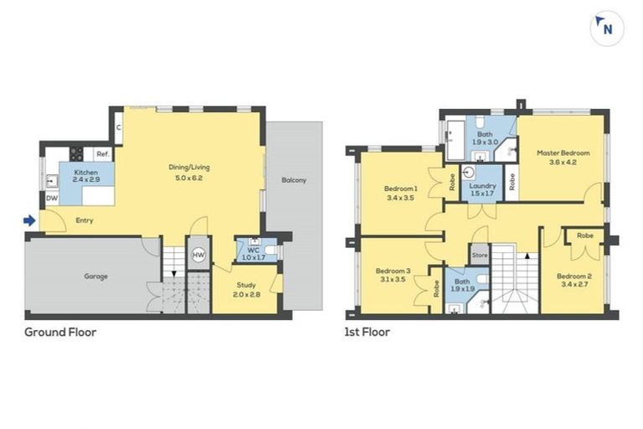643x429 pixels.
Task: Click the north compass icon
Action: pos(606,28)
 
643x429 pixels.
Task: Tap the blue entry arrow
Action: pos(29,221)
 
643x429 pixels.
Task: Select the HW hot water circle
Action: pos(198,255)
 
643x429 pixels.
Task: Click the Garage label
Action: pos(95,276)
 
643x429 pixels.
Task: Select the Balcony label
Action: pos(293,180)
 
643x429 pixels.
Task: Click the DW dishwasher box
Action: pos(52,199)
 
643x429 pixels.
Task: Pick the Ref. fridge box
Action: pos(102,154)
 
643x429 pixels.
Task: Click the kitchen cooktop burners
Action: pos(76,153)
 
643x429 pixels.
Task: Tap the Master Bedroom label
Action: pos(563,153)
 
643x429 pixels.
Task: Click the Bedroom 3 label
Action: pos(393,271)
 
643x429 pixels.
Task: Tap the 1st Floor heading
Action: pos(368,332)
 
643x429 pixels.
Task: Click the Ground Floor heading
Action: pos(60,332)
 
